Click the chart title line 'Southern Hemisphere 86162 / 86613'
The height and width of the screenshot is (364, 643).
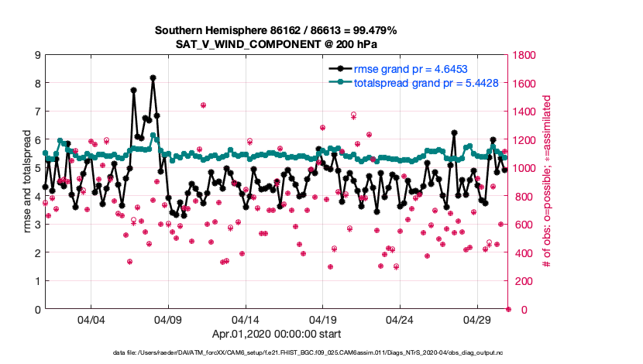click(x=276, y=30)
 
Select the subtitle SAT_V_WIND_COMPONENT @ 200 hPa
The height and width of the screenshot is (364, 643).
click(x=276, y=43)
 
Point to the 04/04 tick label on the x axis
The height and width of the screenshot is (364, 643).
click(x=91, y=320)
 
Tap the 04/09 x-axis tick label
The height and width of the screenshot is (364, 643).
click(x=169, y=320)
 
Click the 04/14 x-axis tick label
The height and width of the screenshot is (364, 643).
click(x=246, y=320)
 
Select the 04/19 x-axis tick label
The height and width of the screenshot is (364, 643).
click(x=323, y=320)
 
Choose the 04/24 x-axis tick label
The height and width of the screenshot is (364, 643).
click(x=400, y=320)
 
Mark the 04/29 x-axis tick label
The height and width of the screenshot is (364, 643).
click(x=477, y=320)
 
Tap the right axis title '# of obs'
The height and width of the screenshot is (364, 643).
click(x=547, y=183)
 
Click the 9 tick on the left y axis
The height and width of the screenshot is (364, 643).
click(x=37, y=55)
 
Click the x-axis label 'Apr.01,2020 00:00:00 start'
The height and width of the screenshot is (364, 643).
click(x=276, y=335)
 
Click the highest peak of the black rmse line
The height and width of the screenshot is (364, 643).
click(x=153, y=77)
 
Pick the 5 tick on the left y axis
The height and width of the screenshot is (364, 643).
click(x=37, y=168)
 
